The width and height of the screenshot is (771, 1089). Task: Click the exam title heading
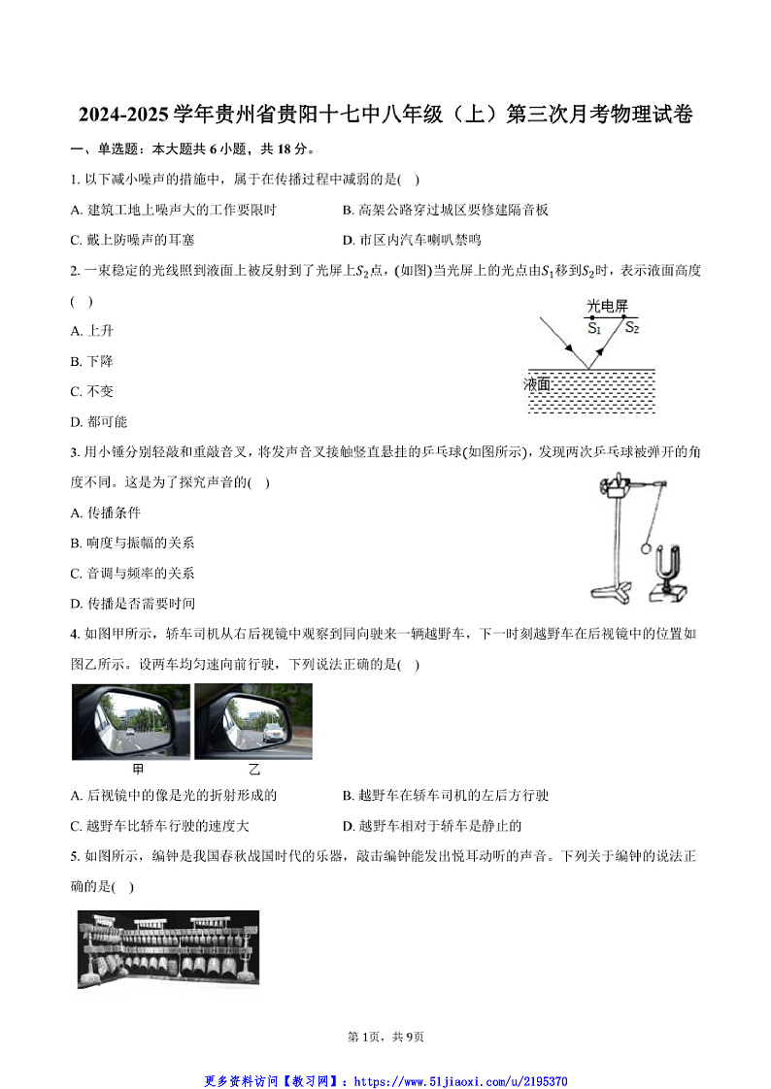[x=385, y=115]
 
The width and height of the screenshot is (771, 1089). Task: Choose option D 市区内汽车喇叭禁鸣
[x=412, y=240]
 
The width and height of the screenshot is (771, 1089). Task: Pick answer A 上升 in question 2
[x=92, y=331]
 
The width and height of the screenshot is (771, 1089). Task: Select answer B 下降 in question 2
[x=92, y=361]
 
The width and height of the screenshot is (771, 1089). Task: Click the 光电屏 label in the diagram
[x=607, y=307]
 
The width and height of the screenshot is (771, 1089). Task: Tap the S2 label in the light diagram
[x=631, y=328]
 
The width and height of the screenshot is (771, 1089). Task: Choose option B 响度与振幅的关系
[x=133, y=543]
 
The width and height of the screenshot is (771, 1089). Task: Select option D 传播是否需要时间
[x=133, y=603]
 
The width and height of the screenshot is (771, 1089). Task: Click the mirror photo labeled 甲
[x=131, y=721]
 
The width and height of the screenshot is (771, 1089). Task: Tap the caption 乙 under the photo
[x=253, y=770]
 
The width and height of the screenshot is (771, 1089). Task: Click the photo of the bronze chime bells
[x=168, y=948]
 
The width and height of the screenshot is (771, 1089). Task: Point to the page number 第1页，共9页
[x=385, y=1037]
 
